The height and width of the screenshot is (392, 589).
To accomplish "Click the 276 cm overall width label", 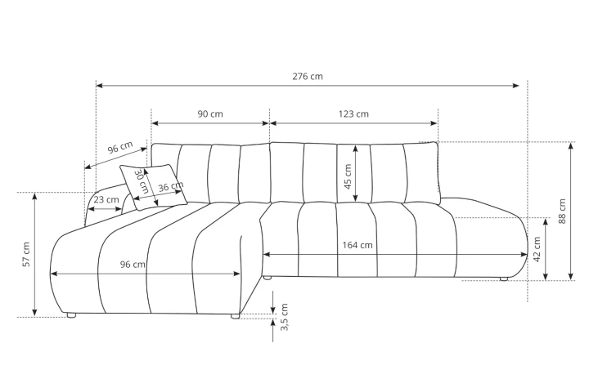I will point(308,76).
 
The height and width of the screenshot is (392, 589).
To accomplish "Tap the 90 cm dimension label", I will point(210,114).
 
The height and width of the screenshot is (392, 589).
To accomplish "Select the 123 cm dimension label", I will point(353,114).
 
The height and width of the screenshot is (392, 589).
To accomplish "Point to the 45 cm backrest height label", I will point(347,177).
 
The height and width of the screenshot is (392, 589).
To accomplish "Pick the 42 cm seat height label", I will point(537,248).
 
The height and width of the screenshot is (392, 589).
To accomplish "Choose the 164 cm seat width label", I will point(357,245).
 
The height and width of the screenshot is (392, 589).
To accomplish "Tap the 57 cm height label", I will point(25,254).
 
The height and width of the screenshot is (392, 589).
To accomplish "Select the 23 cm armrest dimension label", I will point(106,199).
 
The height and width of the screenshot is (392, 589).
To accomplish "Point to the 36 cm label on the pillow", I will point(170,187).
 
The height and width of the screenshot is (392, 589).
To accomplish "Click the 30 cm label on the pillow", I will point(142,181).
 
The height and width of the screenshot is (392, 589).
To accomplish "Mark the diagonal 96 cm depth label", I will point(120,148).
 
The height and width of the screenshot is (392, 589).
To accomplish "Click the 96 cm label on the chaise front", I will point(133,264).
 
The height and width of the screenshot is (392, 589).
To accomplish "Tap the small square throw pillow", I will point(153,187).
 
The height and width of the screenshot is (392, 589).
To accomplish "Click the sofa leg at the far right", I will point(504,279).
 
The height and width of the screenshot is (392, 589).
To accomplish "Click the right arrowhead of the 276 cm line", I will point(517,85).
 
